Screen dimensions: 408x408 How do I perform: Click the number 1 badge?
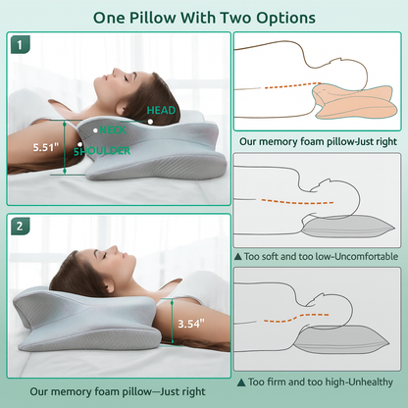click(22, 45)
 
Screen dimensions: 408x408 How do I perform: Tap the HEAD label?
click(161, 111)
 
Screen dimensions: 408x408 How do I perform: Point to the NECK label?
click(113, 129)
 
